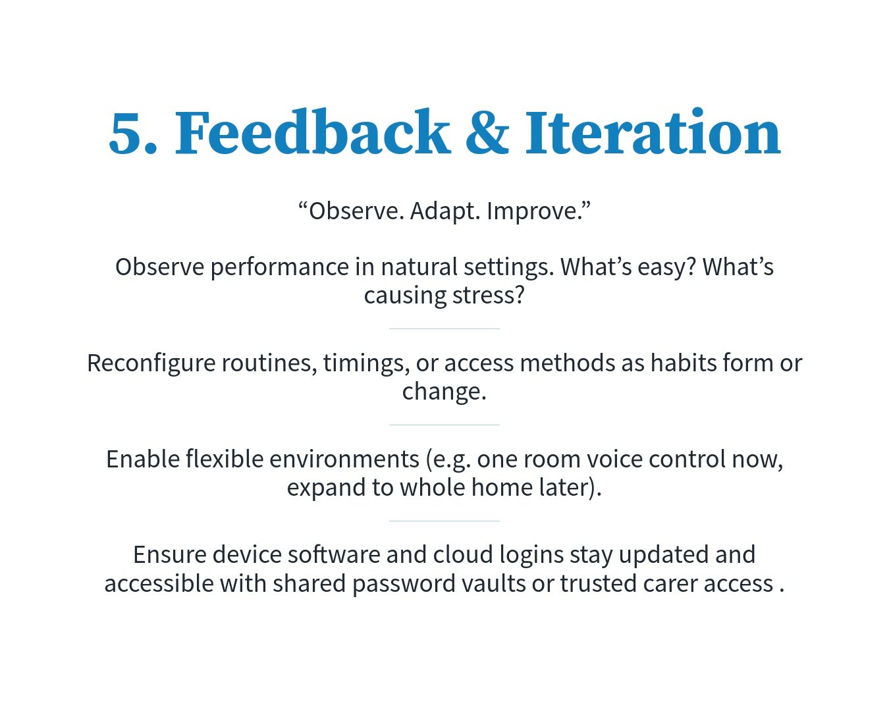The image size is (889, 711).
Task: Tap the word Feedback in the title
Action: point(312,132)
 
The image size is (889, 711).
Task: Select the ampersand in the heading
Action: point(487,132)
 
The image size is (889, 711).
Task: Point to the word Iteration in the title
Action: point(653,132)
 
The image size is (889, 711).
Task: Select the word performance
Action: point(280,267)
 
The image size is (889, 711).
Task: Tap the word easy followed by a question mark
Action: point(668,267)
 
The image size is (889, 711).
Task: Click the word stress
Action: point(489,296)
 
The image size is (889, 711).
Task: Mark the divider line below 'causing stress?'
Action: point(444,329)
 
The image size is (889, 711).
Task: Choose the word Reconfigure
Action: point(151,363)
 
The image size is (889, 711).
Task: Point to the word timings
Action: point(366,363)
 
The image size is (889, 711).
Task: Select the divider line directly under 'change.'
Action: point(444,425)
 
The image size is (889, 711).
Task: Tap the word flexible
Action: point(225,459)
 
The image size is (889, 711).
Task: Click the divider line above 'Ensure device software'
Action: point(444,521)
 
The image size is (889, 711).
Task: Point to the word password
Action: point(404,584)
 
